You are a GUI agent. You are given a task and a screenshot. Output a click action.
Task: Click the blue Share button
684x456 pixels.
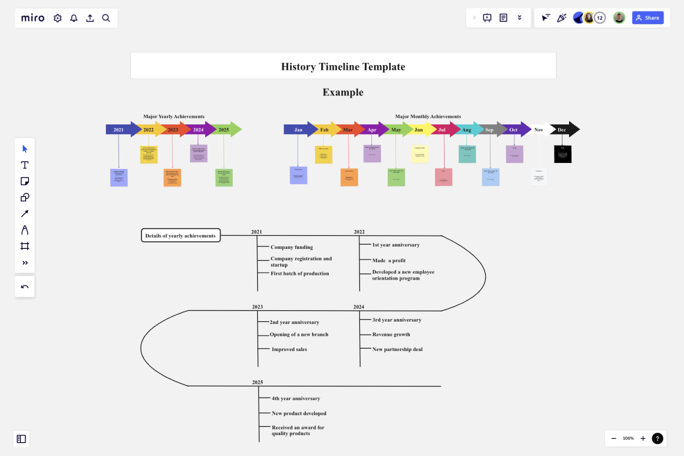coord(647,18)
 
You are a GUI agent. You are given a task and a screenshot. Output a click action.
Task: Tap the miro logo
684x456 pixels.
coord(33,18)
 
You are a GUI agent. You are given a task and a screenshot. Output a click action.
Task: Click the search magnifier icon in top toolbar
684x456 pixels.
coord(106,18)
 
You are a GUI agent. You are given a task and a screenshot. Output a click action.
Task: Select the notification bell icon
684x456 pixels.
coord(74,18)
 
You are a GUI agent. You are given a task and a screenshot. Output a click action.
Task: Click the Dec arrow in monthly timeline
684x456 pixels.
coord(564,130)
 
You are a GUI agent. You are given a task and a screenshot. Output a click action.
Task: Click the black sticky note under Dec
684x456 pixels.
coord(562,154)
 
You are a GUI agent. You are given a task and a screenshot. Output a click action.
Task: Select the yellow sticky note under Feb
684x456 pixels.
coord(323,154)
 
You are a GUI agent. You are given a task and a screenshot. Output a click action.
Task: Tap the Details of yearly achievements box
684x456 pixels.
coord(180,236)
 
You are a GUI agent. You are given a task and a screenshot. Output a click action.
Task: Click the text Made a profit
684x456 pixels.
coord(389,261)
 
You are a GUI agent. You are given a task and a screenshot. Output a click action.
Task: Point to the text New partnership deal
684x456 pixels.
coord(397,350)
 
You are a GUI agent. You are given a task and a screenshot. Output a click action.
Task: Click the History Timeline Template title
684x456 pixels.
coord(343,66)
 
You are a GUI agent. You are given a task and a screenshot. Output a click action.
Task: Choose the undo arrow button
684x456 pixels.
coord(25,287)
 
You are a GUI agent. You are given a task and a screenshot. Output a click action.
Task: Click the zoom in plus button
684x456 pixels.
coord(643,438)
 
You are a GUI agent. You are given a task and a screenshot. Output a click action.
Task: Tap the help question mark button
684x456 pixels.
coord(657,438)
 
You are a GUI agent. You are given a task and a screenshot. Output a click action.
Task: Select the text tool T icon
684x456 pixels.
coord(25,165)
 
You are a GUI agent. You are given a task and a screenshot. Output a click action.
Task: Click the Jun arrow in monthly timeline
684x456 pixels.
coord(418,130)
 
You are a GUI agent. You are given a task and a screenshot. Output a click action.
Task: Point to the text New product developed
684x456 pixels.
coord(299,414)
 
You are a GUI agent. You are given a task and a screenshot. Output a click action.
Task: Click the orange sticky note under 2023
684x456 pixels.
coord(172,177)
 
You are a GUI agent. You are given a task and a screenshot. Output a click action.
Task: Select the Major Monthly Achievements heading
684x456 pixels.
coord(427,116)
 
